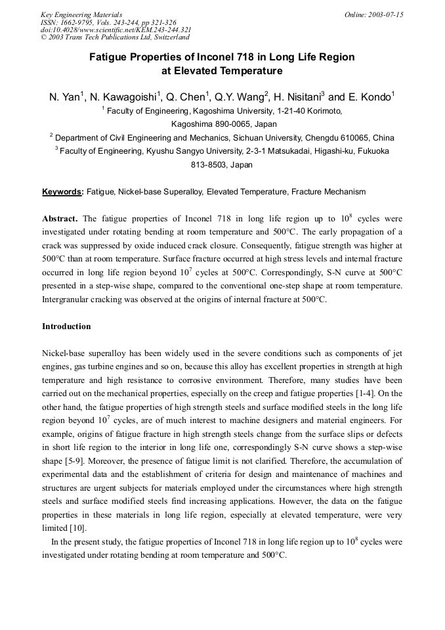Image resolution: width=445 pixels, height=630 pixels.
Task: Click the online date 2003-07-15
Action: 385,14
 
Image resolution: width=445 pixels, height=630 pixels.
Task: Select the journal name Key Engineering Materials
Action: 81,14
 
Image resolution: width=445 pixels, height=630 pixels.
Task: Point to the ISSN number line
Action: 108,22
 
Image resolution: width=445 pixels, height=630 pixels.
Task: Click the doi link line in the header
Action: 116,30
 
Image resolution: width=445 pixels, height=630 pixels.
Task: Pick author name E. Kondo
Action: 370,97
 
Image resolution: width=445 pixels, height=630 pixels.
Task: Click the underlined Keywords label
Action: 62,192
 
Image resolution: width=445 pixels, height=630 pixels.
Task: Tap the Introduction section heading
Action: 66,326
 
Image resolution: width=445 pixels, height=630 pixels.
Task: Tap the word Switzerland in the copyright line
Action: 167,37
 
